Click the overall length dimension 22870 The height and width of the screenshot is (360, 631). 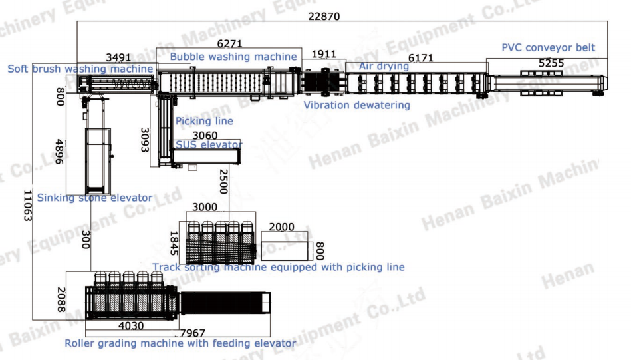coord(324,17)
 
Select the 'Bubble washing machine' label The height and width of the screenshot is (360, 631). coord(233,57)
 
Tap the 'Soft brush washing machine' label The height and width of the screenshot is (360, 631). coord(80,69)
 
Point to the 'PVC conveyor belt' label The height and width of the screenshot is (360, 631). coord(549,47)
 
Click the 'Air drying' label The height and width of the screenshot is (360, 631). coord(384,66)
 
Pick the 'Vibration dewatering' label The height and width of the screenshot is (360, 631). coord(357,105)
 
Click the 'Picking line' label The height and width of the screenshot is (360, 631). coord(204,121)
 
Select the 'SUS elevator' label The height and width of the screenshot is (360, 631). coord(209,144)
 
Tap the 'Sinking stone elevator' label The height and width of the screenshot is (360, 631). coord(94,198)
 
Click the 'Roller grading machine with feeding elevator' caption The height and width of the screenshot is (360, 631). coord(180,343)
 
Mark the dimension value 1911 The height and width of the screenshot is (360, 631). coord(324,54)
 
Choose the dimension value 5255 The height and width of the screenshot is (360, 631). coord(551,63)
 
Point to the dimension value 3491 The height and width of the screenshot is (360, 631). coord(118,57)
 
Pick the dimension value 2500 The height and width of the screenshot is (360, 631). coord(223,181)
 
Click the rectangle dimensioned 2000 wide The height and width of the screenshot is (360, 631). coord(285,246)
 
